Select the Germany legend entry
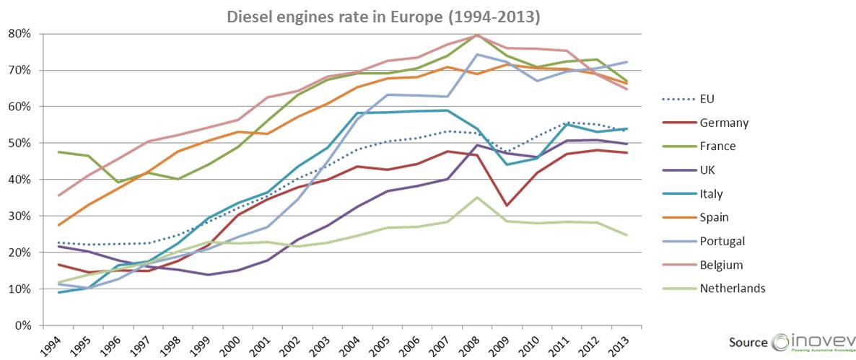723,123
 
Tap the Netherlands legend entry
732,289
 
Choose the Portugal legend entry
722,241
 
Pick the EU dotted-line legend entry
707,99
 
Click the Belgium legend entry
722,265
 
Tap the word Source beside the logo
747,343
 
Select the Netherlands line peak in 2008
476,197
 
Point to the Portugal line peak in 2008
476,54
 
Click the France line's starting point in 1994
58,152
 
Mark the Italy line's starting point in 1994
58,292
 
